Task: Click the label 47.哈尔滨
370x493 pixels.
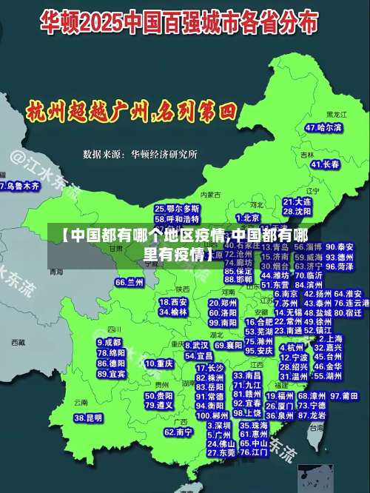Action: point(323,128)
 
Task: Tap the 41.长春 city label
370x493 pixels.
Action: point(326,164)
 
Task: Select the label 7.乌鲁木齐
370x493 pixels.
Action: point(20,187)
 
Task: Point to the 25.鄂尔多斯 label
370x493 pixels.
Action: point(177,209)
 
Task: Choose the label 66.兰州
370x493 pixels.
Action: point(129,282)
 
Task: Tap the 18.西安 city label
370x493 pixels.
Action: point(173,302)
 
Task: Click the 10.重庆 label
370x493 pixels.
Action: point(159,363)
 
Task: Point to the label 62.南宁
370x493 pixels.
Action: point(178,432)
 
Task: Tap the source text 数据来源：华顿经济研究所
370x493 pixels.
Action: point(140,155)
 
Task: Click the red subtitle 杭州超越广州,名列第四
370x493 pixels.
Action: point(130,113)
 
